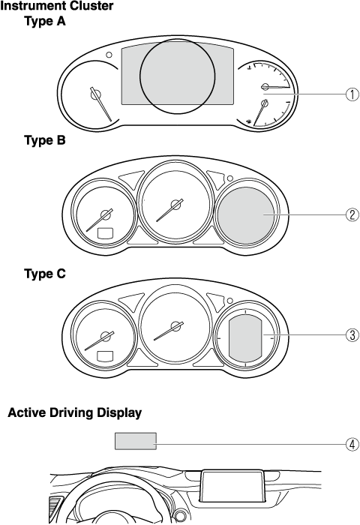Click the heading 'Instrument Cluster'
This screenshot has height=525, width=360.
tap(57, 6)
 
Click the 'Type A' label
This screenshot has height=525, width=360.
tap(45, 22)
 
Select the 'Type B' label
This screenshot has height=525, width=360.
tap(45, 140)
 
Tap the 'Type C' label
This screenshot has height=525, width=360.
tap(45, 274)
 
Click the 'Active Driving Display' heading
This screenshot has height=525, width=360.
tap(75, 412)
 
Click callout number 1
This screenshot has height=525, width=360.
tap(352, 94)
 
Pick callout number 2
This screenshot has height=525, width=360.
tap(352, 214)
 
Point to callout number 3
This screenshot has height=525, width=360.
tap(352, 334)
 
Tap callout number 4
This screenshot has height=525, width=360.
tap(352, 445)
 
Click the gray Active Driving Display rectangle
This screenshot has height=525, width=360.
tap(136, 441)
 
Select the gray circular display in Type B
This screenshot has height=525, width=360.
tap(246, 215)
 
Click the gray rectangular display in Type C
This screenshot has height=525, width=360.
tap(245, 338)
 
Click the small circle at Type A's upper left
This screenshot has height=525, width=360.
tap(109, 55)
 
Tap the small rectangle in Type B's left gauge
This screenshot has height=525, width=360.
tap(105, 233)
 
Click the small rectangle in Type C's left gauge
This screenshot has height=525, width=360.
tap(105, 356)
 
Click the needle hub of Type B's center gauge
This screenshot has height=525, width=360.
tap(175, 204)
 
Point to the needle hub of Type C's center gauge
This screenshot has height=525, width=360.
tap(175, 326)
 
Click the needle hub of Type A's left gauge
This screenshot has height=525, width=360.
tap(96, 94)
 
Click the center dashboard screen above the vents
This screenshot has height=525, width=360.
tap(232, 486)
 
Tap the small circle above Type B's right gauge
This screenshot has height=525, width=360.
tap(230, 178)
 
